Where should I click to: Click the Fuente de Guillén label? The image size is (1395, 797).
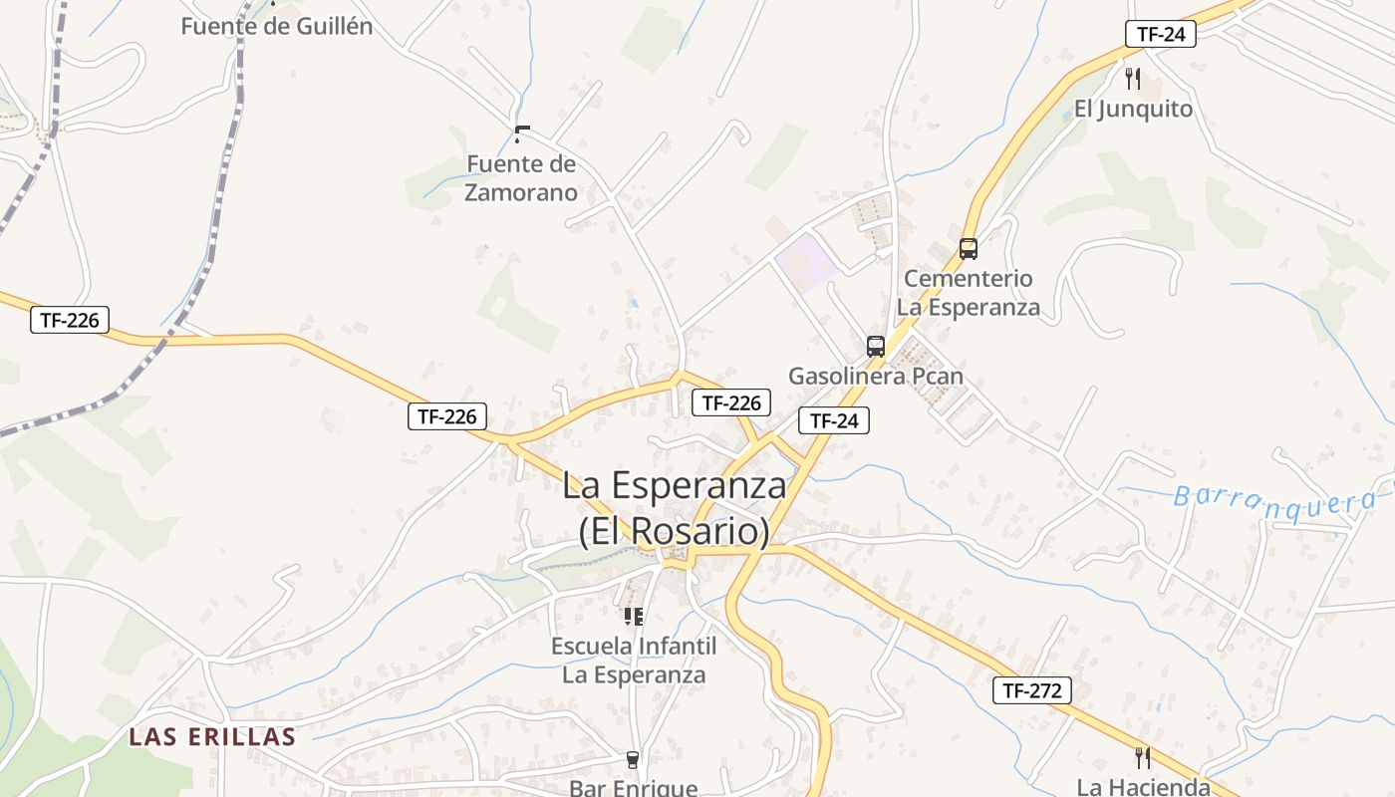pyautogui.click(x=277, y=27)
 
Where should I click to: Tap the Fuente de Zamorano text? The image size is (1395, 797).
pyautogui.click(x=521, y=178)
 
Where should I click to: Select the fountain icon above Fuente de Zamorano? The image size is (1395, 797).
pyautogui.click(x=521, y=133)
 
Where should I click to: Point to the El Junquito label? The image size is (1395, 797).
pyautogui.click(x=1133, y=109)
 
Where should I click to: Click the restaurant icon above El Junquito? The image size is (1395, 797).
pyautogui.click(x=1132, y=78)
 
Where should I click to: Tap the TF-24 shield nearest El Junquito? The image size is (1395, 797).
pyautogui.click(x=1161, y=33)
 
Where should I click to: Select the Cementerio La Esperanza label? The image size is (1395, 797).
pyautogui.click(x=968, y=292)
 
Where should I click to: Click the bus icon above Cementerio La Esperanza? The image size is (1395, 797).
pyautogui.click(x=969, y=249)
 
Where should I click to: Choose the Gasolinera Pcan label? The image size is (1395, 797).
pyautogui.click(x=876, y=376)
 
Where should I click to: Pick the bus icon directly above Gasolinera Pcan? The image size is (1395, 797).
pyautogui.click(x=876, y=347)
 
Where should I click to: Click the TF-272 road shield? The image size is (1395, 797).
pyautogui.click(x=1031, y=690)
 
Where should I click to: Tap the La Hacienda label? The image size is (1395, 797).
pyautogui.click(x=1143, y=786)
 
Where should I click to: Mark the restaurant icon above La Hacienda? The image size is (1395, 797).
pyautogui.click(x=1142, y=758)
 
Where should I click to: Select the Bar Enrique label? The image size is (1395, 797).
pyautogui.click(x=633, y=788)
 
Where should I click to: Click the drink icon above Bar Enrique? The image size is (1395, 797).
pyautogui.click(x=632, y=760)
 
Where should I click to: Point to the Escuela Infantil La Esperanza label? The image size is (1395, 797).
pyautogui.click(x=634, y=660)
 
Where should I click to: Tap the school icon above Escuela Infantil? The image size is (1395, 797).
pyautogui.click(x=634, y=617)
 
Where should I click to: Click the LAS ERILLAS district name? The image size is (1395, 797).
pyautogui.click(x=212, y=737)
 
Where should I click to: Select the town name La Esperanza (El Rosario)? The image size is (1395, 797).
pyautogui.click(x=675, y=508)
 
